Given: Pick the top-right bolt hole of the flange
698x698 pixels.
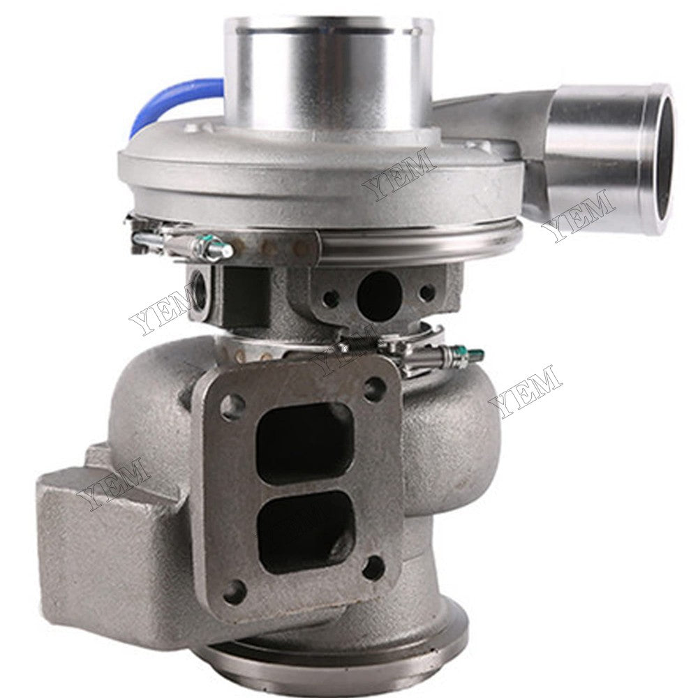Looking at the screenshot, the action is click(x=375, y=386).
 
